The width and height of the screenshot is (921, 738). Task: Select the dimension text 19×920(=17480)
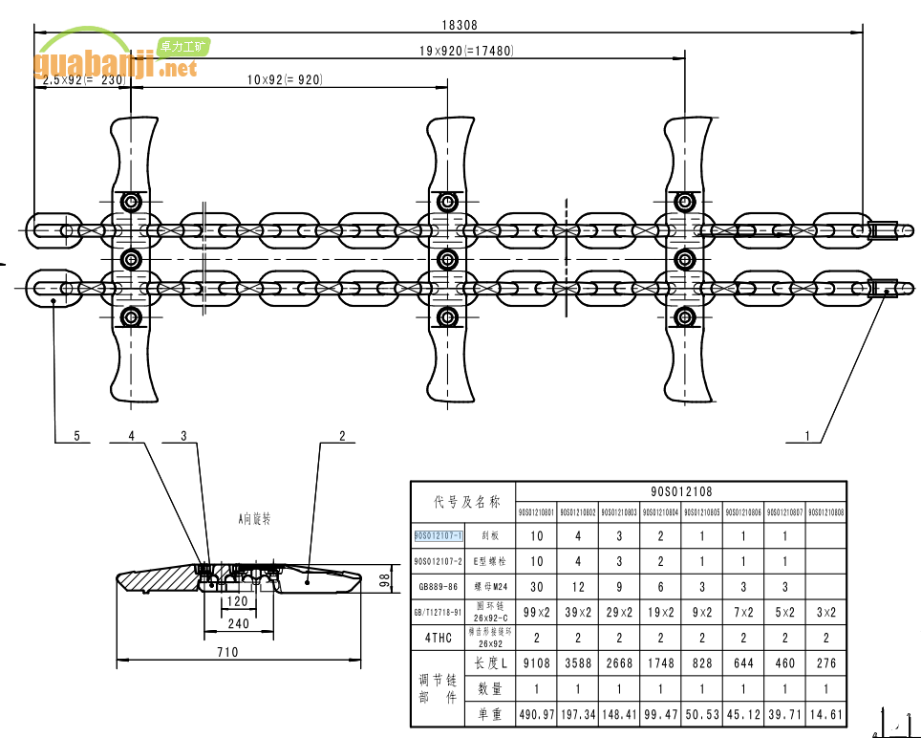465,51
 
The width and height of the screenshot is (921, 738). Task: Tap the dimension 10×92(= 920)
284,80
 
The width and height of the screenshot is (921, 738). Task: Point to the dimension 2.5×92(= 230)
83,80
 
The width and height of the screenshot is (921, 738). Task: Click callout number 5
75,436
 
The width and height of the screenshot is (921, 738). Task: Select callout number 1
806,436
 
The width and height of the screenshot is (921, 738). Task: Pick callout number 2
341,436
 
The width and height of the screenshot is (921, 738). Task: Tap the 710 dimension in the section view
226,653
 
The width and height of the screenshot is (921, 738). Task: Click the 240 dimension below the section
238,624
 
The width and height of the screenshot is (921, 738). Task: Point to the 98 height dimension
384,578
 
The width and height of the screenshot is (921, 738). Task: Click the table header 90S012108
681,491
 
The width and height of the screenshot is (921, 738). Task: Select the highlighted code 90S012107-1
439,535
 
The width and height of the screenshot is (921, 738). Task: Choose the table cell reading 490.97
536,714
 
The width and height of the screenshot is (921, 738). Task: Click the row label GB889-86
439,586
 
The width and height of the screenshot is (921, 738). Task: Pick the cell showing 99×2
536,612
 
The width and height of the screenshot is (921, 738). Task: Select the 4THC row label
438,638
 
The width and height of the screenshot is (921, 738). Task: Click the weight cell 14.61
826,714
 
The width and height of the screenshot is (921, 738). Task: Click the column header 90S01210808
826,512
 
